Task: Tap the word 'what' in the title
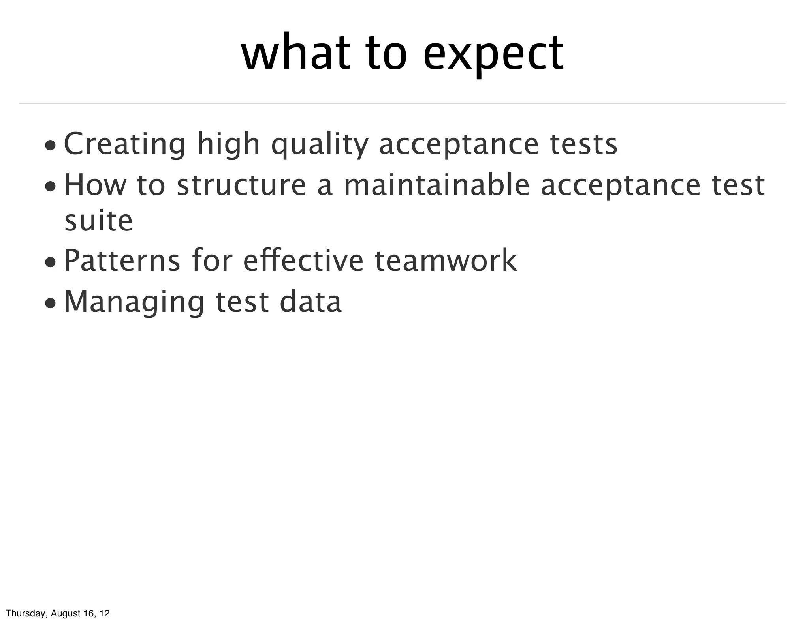point(295,53)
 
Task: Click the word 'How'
point(95,185)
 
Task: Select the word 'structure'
point(241,185)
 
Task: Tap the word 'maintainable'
point(436,185)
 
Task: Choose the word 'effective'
point(303,261)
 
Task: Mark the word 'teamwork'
point(446,261)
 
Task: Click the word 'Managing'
point(134,302)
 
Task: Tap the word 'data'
point(310,302)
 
